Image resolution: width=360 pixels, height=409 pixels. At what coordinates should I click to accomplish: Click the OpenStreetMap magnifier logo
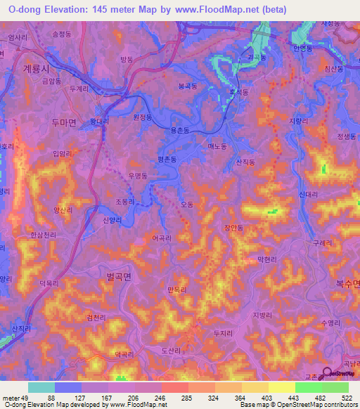click(x=328, y=375)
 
